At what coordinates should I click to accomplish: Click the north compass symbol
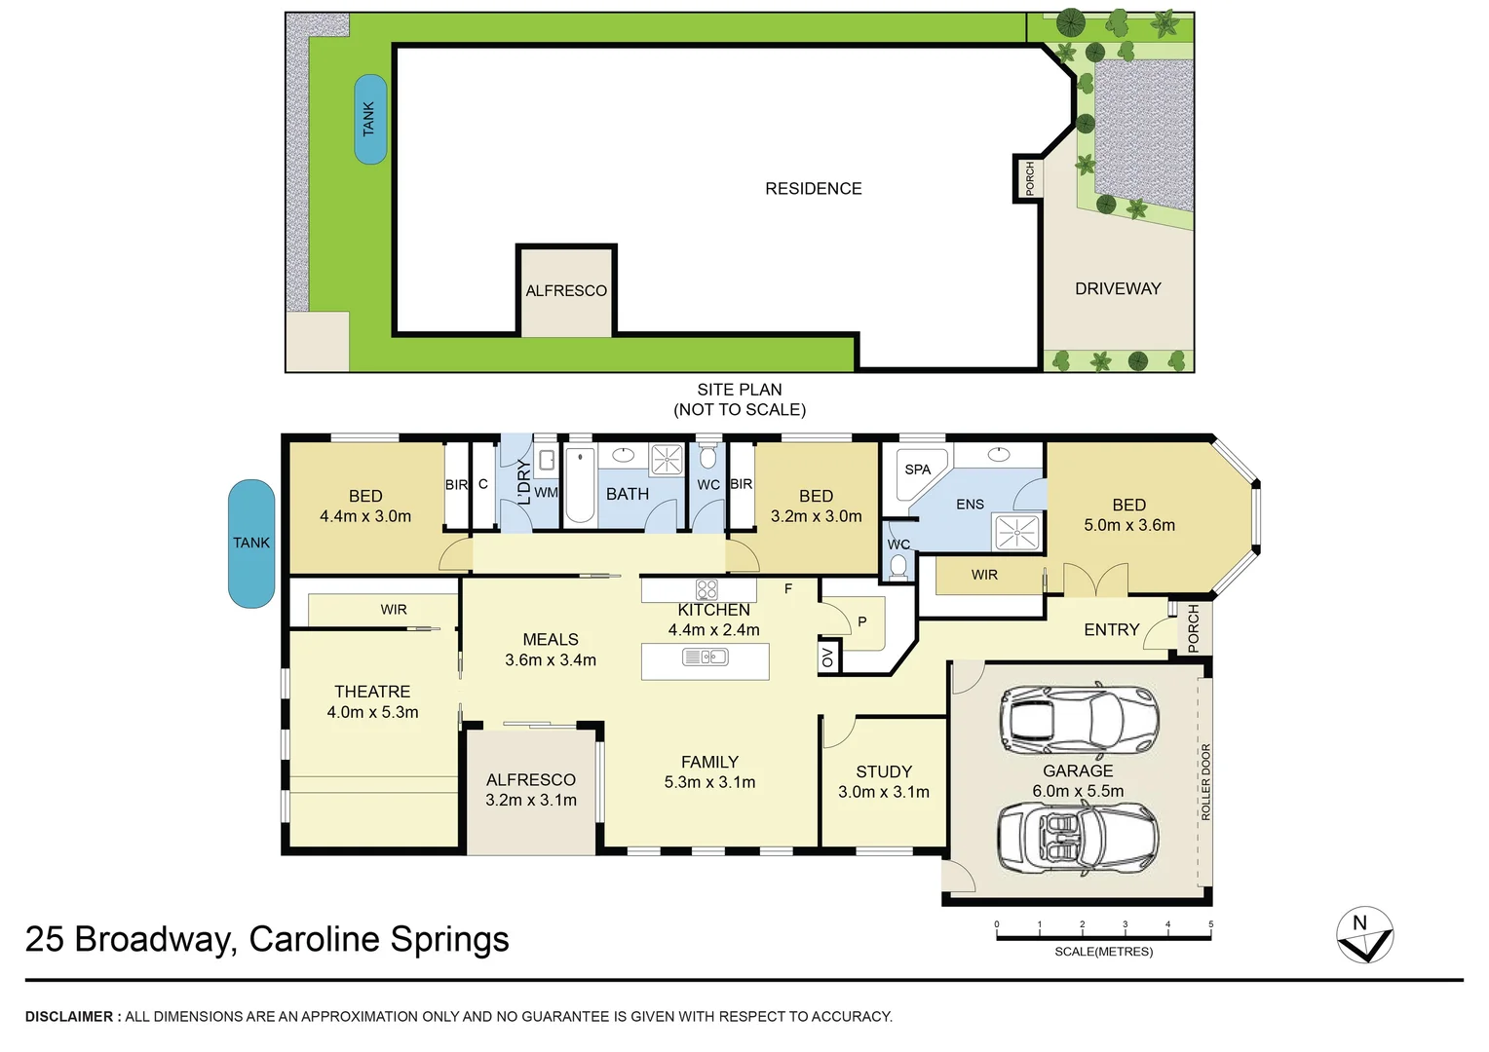click(1364, 936)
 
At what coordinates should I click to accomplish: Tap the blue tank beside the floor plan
click(251, 544)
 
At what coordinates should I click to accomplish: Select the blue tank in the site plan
click(370, 119)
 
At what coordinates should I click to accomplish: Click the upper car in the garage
click(1079, 719)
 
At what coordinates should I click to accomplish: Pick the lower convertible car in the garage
click(1077, 837)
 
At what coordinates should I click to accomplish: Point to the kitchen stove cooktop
click(706, 589)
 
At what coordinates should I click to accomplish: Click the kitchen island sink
click(706, 657)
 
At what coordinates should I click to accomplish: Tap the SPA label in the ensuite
click(917, 470)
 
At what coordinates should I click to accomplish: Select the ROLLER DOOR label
click(1205, 781)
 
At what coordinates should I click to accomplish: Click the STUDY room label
click(884, 771)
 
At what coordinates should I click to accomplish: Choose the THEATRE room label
click(372, 692)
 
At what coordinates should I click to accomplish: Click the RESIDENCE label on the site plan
click(813, 189)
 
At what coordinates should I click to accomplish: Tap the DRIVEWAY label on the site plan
click(1118, 288)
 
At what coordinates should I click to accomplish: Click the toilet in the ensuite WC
click(898, 566)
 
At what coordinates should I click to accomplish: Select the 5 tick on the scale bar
click(1210, 925)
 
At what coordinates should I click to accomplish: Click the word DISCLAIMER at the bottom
click(68, 1017)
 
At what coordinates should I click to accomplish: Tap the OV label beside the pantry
click(828, 657)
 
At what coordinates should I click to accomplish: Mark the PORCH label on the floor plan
click(1194, 629)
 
